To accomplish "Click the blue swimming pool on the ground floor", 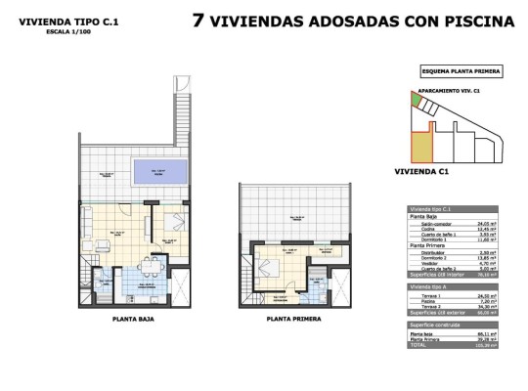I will [156, 174].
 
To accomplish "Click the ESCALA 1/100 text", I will [61, 29].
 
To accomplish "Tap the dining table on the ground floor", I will [150, 266].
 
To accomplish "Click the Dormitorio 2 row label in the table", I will [431, 256].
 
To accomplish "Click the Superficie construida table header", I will [436, 326].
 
